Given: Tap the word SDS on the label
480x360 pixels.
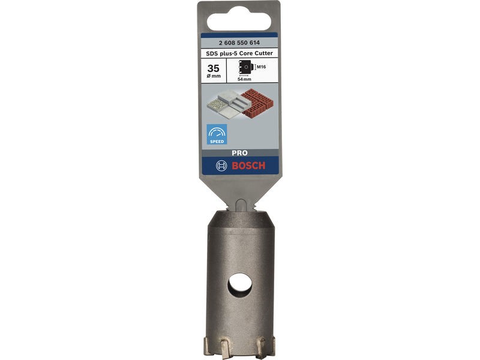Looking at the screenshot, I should pos(211,53).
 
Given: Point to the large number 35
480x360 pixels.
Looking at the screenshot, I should pos(212,68).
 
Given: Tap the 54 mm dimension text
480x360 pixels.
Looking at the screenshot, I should pos(245,79).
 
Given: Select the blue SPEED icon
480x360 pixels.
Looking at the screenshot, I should pos(217,134).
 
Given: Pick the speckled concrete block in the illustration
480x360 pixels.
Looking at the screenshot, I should pos(217,106).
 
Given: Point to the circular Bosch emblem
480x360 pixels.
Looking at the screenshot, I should pos(221,166).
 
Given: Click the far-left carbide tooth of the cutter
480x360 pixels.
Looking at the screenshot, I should pos(208,346).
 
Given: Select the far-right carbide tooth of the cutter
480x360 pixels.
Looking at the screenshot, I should pos(271,346).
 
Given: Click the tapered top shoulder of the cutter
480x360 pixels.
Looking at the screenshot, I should pos(240,219).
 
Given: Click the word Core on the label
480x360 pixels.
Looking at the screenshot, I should pos(246,53).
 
